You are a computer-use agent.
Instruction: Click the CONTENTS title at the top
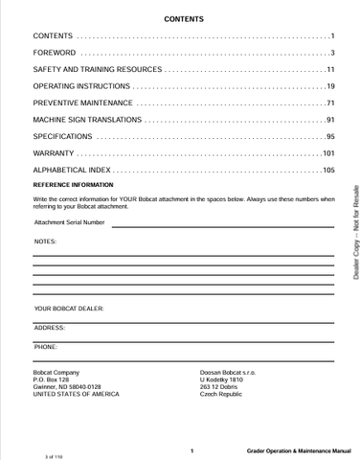coord(183,18)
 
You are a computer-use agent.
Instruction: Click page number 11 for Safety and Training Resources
coord(329,69)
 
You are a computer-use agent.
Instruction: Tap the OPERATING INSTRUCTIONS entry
coord(79,86)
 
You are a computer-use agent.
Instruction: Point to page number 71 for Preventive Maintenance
coord(329,103)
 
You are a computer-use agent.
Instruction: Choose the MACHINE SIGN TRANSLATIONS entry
coord(88,120)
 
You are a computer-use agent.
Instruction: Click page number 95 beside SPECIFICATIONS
coord(329,137)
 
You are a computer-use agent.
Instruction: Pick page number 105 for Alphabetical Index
coord(327,171)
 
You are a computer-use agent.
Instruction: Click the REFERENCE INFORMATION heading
coord(73,184)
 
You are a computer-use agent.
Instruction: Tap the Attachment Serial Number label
coord(70,222)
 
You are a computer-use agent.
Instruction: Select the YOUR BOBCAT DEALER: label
coord(69,309)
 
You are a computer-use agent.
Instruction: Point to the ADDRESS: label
coord(49,328)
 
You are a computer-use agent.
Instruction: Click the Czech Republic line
coord(221,394)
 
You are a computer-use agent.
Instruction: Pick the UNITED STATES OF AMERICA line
coord(76,394)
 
